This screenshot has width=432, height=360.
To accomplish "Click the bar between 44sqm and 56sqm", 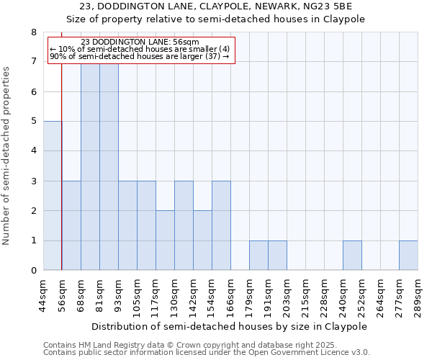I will pos(53,195).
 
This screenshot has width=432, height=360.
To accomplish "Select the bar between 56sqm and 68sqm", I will pos(71,225).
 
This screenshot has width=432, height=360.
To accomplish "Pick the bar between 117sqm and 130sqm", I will pos(165,240).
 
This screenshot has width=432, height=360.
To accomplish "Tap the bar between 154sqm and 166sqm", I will pos(221,225).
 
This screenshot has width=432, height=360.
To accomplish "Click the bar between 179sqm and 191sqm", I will pos(258,255).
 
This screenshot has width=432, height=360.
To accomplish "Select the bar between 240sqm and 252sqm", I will pos(352,255).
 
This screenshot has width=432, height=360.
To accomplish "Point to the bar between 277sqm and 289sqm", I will pos(408,255).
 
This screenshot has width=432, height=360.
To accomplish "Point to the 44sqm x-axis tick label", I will pos(43,293).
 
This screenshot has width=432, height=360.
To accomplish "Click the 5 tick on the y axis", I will pos(33,121).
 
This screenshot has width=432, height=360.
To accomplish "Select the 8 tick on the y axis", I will pos(33,32).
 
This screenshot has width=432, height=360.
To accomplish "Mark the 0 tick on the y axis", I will pos(33,270).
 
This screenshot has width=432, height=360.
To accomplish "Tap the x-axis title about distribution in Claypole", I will pos(230,326).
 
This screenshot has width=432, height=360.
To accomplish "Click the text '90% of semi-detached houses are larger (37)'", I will pos(140,56).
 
